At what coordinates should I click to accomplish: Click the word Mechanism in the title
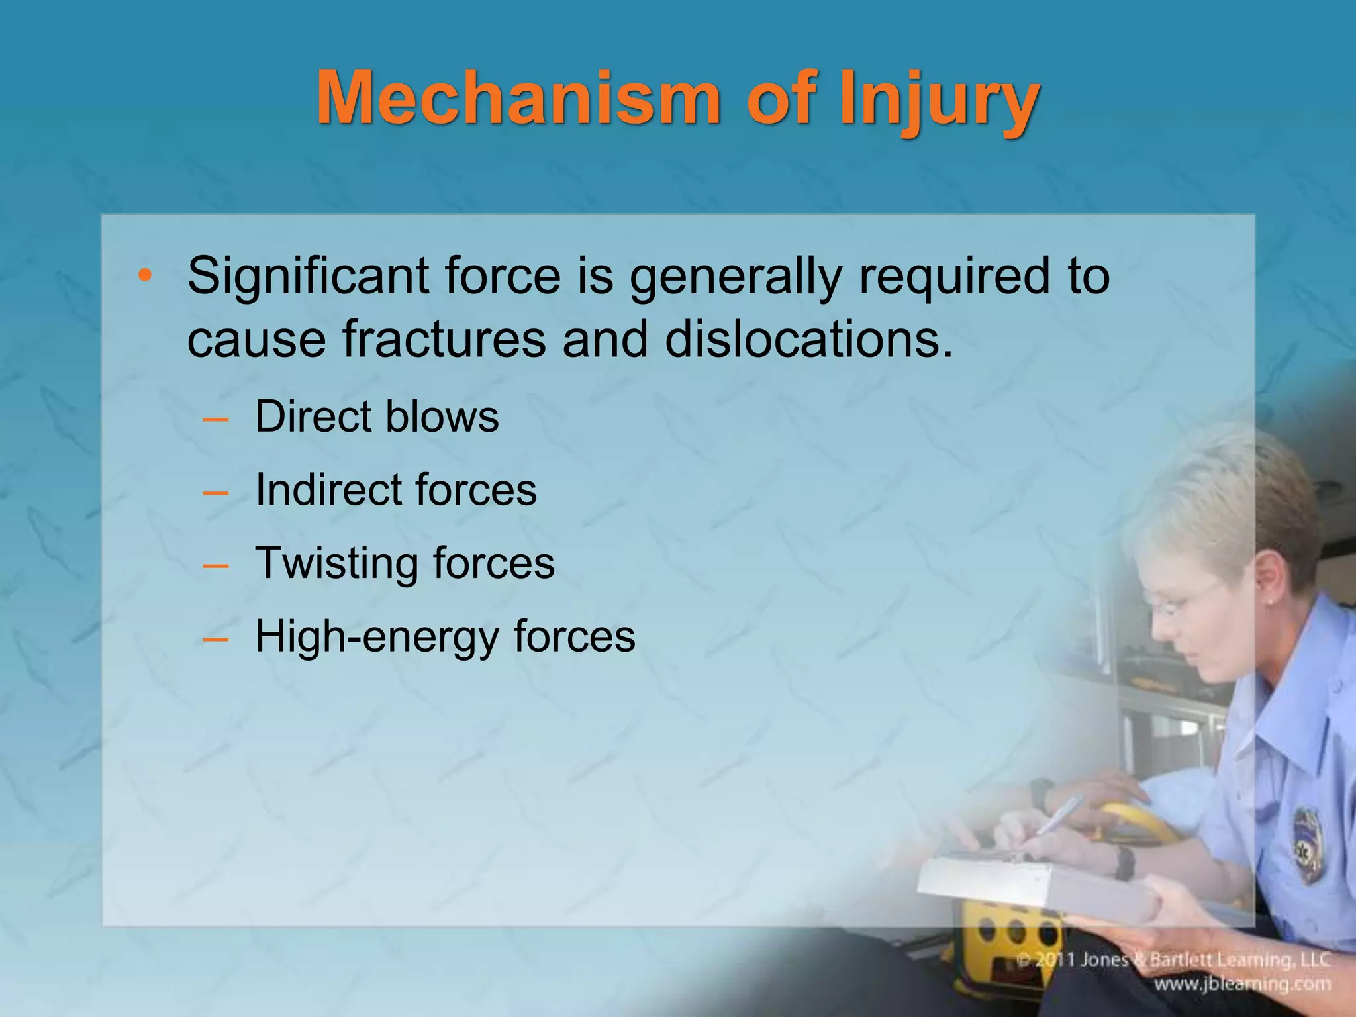(x=517, y=99)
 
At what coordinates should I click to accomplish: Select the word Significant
(x=308, y=277)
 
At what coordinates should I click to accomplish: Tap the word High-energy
(x=375, y=637)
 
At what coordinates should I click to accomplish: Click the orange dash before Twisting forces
(x=216, y=565)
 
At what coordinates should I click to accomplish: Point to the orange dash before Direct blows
(x=216, y=418)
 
